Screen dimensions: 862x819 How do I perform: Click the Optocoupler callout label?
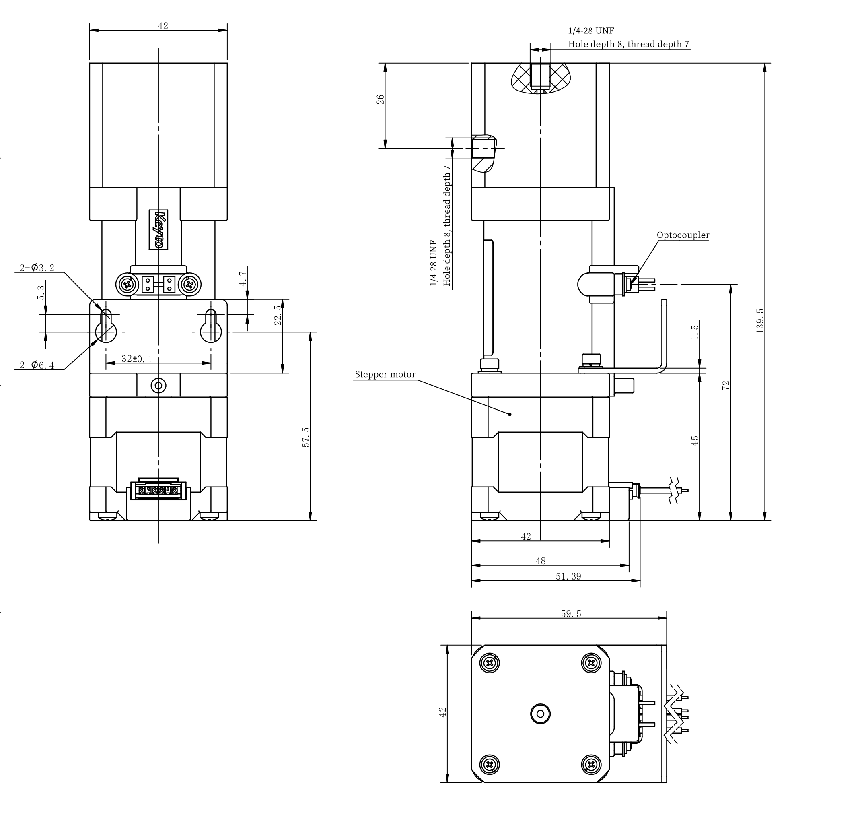[683, 235]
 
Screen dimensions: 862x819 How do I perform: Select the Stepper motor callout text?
[385, 374]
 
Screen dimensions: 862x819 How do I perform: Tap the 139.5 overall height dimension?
[760, 321]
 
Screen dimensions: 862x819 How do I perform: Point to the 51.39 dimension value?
[568, 576]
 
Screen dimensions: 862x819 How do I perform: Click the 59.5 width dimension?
[571, 614]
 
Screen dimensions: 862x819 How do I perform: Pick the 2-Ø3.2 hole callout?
[37, 268]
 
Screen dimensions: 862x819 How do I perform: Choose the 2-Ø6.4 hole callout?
[37, 365]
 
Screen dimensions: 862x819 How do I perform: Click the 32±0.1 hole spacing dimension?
[136, 359]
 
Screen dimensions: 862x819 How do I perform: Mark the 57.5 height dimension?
[306, 437]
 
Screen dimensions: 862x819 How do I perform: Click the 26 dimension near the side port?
[381, 99]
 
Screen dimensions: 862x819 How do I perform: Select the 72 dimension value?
[726, 386]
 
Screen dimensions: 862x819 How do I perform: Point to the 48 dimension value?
[540, 561]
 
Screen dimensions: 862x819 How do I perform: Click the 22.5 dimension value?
[278, 315]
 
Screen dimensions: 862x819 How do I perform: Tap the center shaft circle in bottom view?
[541, 714]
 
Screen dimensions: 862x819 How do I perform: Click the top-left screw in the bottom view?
[490, 664]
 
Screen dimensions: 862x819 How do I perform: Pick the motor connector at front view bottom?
[158, 489]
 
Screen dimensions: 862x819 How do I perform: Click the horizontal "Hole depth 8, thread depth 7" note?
[628, 44]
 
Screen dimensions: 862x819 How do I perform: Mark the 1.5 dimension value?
[695, 332]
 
